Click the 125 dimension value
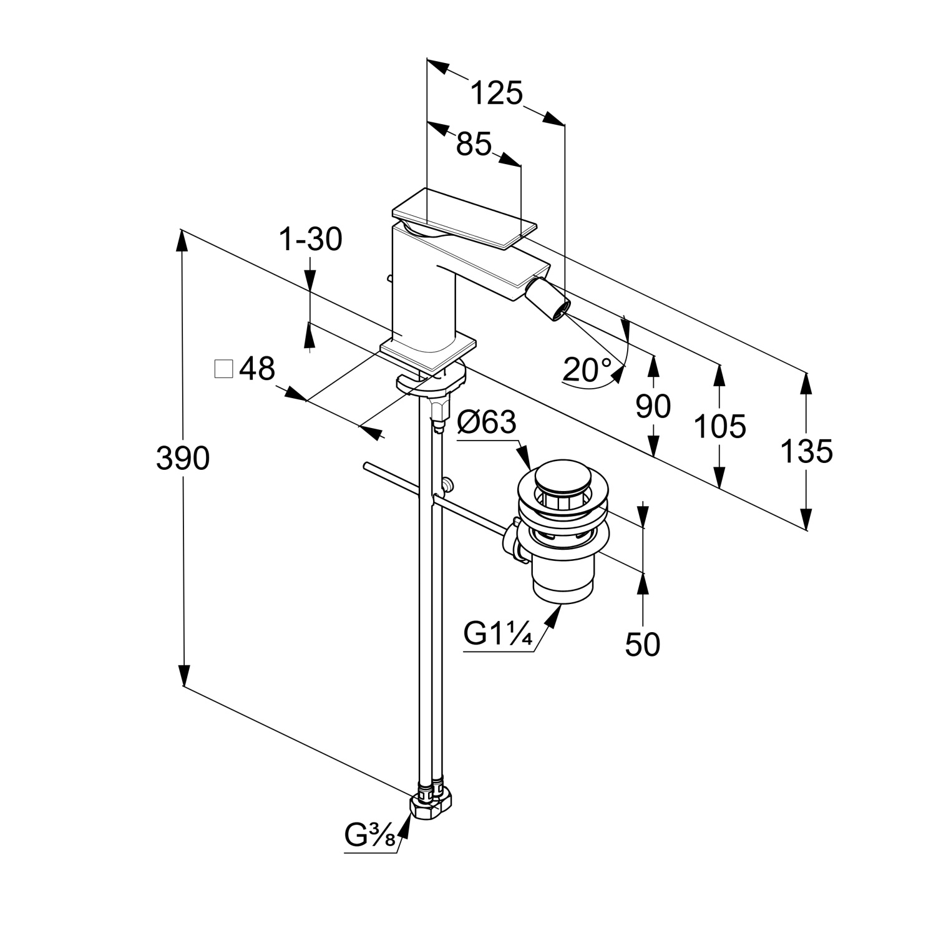click(496, 94)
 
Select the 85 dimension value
click(474, 144)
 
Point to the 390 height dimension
click(182, 459)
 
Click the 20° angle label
click(587, 369)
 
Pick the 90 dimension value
click(653, 406)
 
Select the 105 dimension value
click(719, 427)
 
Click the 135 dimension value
click(806, 451)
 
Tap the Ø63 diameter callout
click(487, 422)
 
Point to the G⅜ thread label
click(370, 834)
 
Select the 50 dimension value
click(642, 644)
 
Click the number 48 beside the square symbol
click(256, 369)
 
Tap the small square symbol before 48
click(223, 369)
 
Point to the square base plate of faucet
click(429, 353)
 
